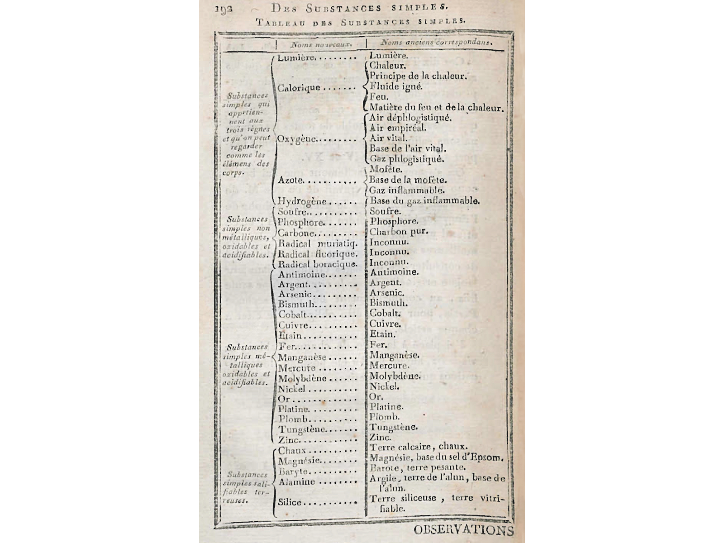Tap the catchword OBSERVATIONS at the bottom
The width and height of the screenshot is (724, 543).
click(x=463, y=530)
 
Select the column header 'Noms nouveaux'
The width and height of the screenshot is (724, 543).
click(x=321, y=44)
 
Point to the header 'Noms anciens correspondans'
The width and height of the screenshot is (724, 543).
click(x=436, y=43)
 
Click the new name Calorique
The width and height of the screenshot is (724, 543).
click(x=299, y=88)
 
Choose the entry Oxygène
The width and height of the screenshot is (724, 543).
click(x=297, y=139)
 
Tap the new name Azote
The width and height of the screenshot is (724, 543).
click(x=291, y=181)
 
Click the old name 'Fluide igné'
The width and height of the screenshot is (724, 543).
click(x=396, y=86)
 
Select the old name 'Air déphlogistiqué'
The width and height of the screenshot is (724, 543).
click(x=410, y=118)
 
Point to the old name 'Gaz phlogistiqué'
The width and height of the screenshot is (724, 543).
click(x=406, y=159)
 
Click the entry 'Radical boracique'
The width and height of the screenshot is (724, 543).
click(x=317, y=264)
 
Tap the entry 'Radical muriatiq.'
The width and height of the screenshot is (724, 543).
click(x=317, y=243)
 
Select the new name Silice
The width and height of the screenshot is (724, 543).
click(x=290, y=502)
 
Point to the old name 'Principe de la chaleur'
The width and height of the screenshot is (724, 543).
click(x=418, y=76)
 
